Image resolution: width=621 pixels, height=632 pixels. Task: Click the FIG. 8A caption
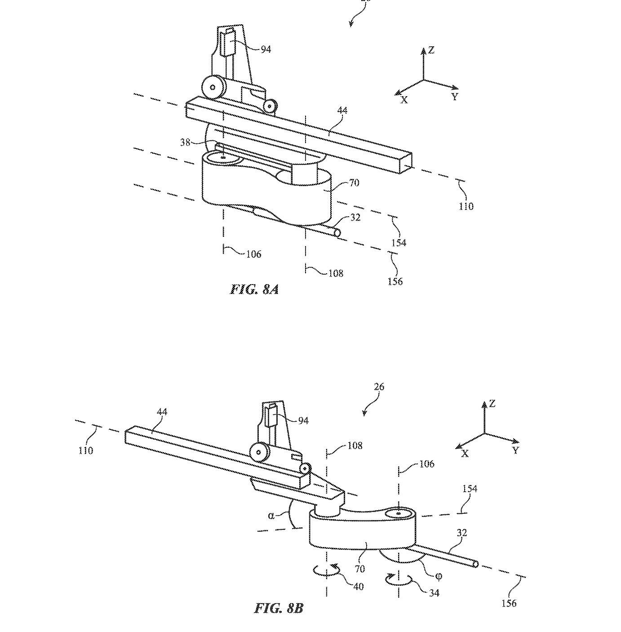[x=254, y=289]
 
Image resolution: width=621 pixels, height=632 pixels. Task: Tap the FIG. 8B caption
[x=279, y=609]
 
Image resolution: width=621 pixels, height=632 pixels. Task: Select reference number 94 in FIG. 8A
[x=266, y=49]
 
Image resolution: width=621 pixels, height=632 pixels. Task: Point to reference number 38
[x=185, y=142]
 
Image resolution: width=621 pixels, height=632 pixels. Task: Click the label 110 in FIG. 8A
[x=466, y=206]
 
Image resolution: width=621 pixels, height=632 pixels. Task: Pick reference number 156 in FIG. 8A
[x=395, y=281]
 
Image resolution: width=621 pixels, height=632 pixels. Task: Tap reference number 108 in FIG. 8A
[x=336, y=273]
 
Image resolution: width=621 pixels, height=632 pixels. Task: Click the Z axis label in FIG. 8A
[x=431, y=50]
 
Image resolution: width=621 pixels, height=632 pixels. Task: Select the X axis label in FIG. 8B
[x=465, y=454]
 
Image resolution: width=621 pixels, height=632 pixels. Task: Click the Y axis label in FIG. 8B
[x=515, y=450]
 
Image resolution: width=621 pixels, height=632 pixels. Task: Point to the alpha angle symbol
[x=271, y=515]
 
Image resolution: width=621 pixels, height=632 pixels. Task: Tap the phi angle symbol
[x=439, y=576]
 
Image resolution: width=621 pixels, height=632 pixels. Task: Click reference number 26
[x=379, y=387]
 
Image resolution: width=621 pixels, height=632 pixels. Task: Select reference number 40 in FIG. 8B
[x=359, y=587]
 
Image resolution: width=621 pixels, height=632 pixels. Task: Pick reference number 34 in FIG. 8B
[x=434, y=593]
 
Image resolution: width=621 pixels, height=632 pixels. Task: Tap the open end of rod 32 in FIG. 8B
[x=475, y=564]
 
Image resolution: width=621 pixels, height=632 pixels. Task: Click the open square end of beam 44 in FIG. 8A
[x=406, y=164]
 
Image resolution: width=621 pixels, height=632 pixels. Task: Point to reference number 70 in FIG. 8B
[x=359, y=569]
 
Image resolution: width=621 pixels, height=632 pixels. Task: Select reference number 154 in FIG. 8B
[x=470, y=489]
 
